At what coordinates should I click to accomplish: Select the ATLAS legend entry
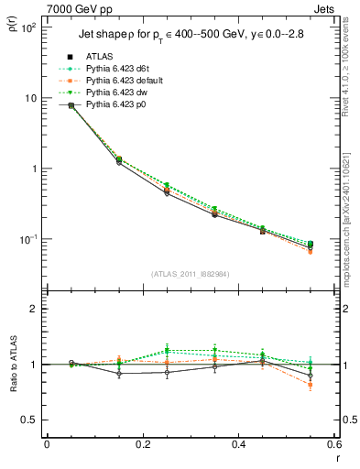pos(99,58)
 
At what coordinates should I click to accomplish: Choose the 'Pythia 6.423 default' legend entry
pos(115,82)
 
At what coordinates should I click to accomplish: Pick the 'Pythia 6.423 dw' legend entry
pos(106,93)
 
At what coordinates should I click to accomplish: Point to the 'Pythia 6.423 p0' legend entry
pos(105,105)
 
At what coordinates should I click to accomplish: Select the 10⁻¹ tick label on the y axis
pos(27,240)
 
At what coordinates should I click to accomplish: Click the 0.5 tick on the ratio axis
pos(29,420)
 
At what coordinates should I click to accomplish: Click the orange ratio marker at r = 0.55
pos(311,385)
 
